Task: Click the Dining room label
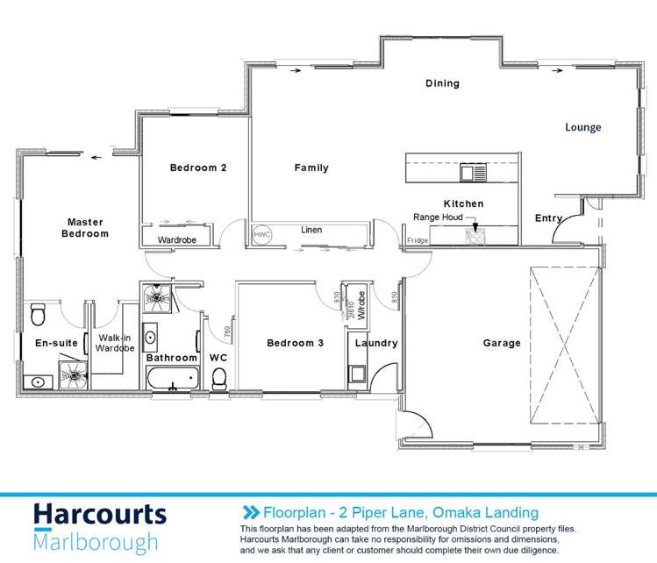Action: click(x=442, y=84)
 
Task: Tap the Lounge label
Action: click(x=582, y=128)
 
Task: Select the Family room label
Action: click(x=311, y=168)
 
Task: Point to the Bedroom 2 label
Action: click(x=199, y=168)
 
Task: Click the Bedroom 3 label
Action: click(x=296, y=344)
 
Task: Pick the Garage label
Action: click(x=503, y=344)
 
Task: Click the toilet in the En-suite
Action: click(x=37, y=313)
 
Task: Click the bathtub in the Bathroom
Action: click(x=172, y=379)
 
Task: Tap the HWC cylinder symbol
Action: click(x=261, y=235)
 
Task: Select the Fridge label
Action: click(x=418, y=240)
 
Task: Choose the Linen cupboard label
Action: click(x=311, y=231)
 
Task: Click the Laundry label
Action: click(x=376, y=344)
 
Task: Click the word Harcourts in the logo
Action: click(x=99, y=516)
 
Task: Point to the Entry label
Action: click(x=548, y=217)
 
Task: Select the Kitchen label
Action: click(x=463, y=203)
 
